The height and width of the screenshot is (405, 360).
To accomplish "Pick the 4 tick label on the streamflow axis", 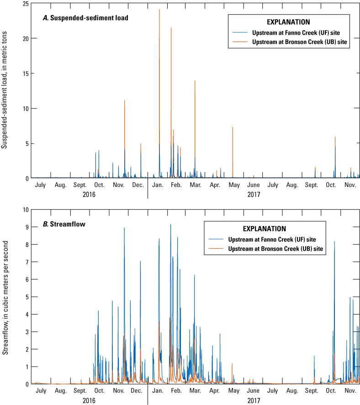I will click(x=27, y=314).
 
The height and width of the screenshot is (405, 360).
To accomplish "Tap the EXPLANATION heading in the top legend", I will click(x=288, y=22).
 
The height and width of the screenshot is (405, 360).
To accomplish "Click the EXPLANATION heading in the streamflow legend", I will click(x=264, y=229).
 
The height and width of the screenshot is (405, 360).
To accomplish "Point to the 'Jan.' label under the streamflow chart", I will click(x=158, y=391).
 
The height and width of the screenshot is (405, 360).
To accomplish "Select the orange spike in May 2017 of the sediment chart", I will click(x=233, y=128).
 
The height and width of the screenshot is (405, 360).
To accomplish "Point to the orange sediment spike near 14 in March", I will click(x=195, y=81).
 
